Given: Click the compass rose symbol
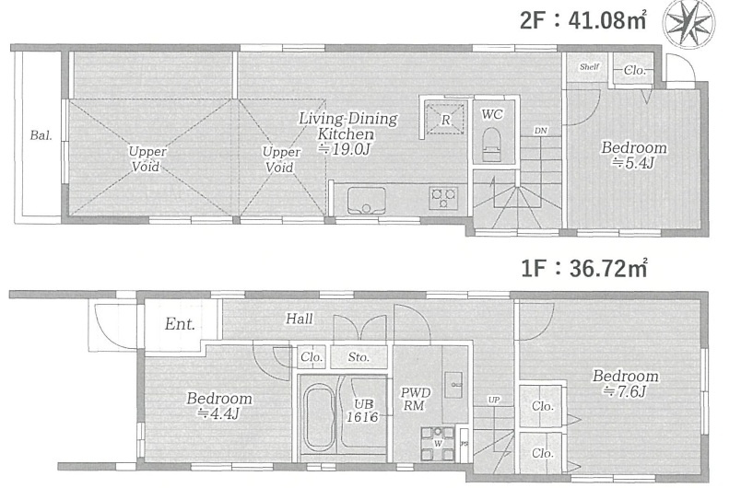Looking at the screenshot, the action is pyautogui.click(x=688, y=22).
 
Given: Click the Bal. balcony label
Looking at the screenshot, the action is pyautogui.click(x=41, y=135).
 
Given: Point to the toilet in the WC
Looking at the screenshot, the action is pyautogui.click(x=491, y=145).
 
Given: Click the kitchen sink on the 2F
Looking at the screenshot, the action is pyautogui.click(x=367, y=201).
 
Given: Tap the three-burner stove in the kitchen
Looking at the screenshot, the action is pyautogui.click(x=443, y=198).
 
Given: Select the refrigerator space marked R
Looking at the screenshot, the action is pyautogui.click(x=446, y=119).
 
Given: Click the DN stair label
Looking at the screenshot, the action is pyautogui.click(x=541, y=131).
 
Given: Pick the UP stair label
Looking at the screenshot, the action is pyautogui.click(x=494, y=400).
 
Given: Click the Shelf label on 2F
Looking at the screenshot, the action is pyautogui.click(x=589, y=67).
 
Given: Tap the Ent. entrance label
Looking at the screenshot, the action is pyautogui.click(x=180, y=324).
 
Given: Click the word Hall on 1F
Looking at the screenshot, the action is pyautogui.click(x=300, y=319).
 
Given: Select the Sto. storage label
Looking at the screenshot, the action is pyautogui.click(x=359, y=357).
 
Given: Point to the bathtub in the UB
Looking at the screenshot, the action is pyautogui.click(x=319, y=418).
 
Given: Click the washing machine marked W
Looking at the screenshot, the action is pyautogui.click(x=438, y=444).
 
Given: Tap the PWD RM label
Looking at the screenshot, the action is pyautogui.click(x=416, y=399).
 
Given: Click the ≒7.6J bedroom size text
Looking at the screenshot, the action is pyautogui.click(x=624, y=391).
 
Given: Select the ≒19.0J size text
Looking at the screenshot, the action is pyautogui.click(x=345, y=149).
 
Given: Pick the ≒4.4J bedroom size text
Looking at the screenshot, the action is pyautogui.click(x=219, y=413).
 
